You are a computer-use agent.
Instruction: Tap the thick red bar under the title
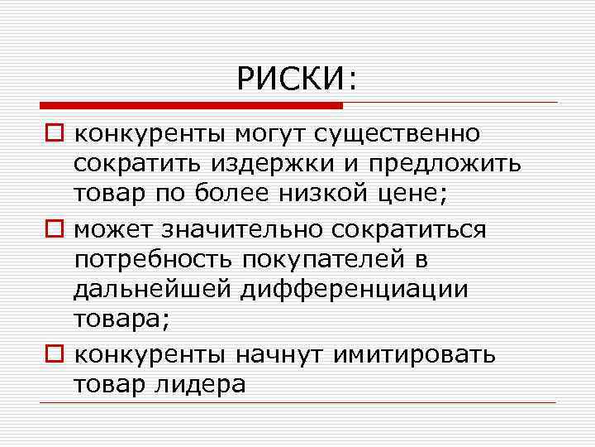point(191,106)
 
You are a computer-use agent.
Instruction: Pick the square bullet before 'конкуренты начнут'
point(53,355)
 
